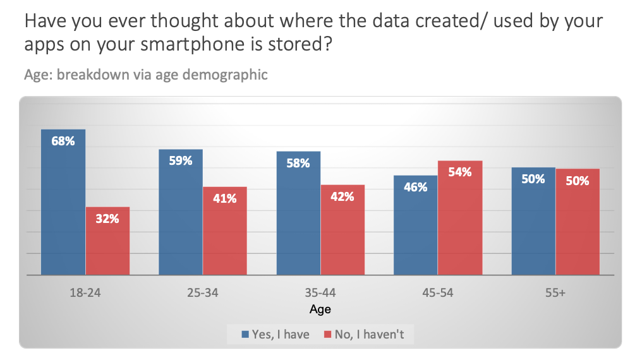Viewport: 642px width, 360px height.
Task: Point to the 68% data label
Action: (x=63, y=141)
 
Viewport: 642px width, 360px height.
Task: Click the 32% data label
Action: (x=107, y=219)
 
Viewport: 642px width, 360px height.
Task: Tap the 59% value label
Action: (x=181, y=161)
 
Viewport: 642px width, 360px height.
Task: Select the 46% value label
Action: (x=416, y=187)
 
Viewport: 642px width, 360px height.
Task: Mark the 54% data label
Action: (x=460, y=172)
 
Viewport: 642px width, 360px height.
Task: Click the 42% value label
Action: (x=342, y=196)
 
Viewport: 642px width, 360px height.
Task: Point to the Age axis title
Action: (x=320, y=309)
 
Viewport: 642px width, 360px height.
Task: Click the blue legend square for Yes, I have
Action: (x=245, y=335)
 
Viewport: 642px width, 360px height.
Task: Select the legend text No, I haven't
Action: (x=369, y=335)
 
